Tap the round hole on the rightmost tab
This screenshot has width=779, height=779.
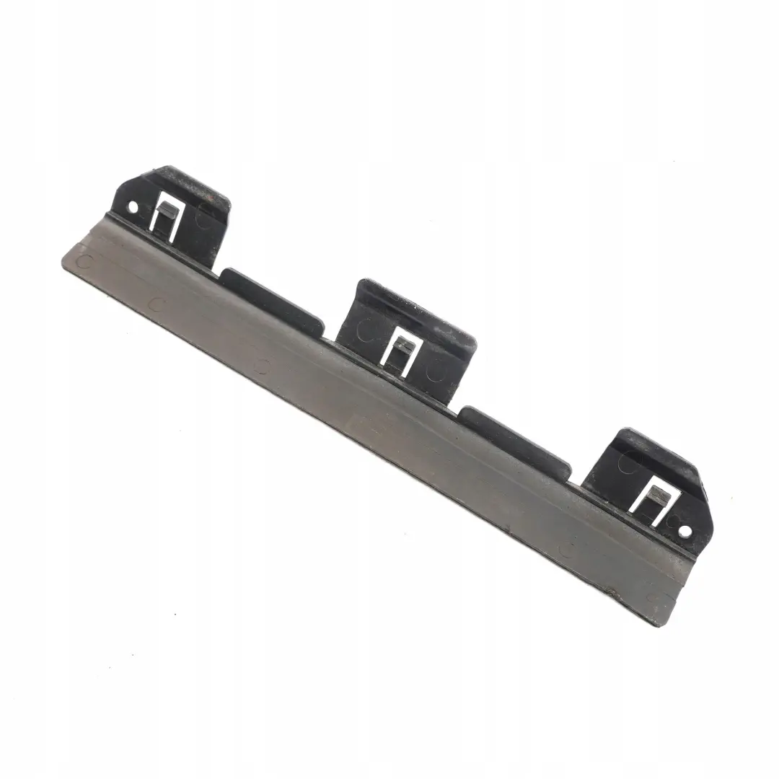(684, 531)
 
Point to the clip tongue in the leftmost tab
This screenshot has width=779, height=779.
(165, 211)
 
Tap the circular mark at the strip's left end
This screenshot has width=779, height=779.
(84, 260)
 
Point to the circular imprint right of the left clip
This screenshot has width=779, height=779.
(206, 214)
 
